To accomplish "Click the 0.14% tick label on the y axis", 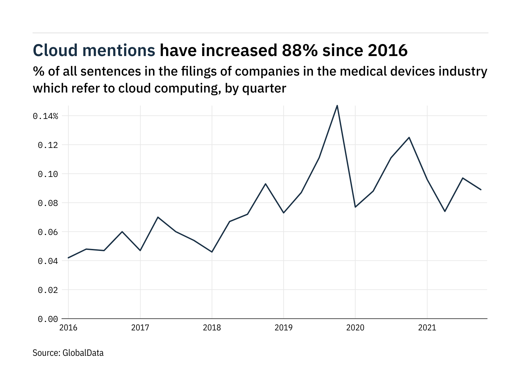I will pos(45,116).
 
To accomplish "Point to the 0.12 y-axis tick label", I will pos(48,145).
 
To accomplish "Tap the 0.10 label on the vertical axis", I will pos(48,174).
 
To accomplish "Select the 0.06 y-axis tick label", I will pos(48,232).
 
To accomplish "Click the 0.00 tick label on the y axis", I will pos(48,319).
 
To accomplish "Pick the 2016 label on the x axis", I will pos(68,327).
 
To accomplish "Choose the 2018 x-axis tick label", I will pos(212,327).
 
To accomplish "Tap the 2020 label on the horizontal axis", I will pos(355,327).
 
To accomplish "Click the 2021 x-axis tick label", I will pos(427,327).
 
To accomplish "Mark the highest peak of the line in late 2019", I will pos(337,105).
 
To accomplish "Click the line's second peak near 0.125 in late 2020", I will pos(409,138).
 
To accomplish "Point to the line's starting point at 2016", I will pos(68,258).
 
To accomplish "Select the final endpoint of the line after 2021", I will pos(481,190).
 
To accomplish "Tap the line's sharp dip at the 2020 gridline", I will pos(355,207).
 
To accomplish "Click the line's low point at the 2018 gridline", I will pos(212,252).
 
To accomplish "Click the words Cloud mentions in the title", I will pos(94,51).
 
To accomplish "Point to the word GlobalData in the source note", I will pos(83,353).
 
